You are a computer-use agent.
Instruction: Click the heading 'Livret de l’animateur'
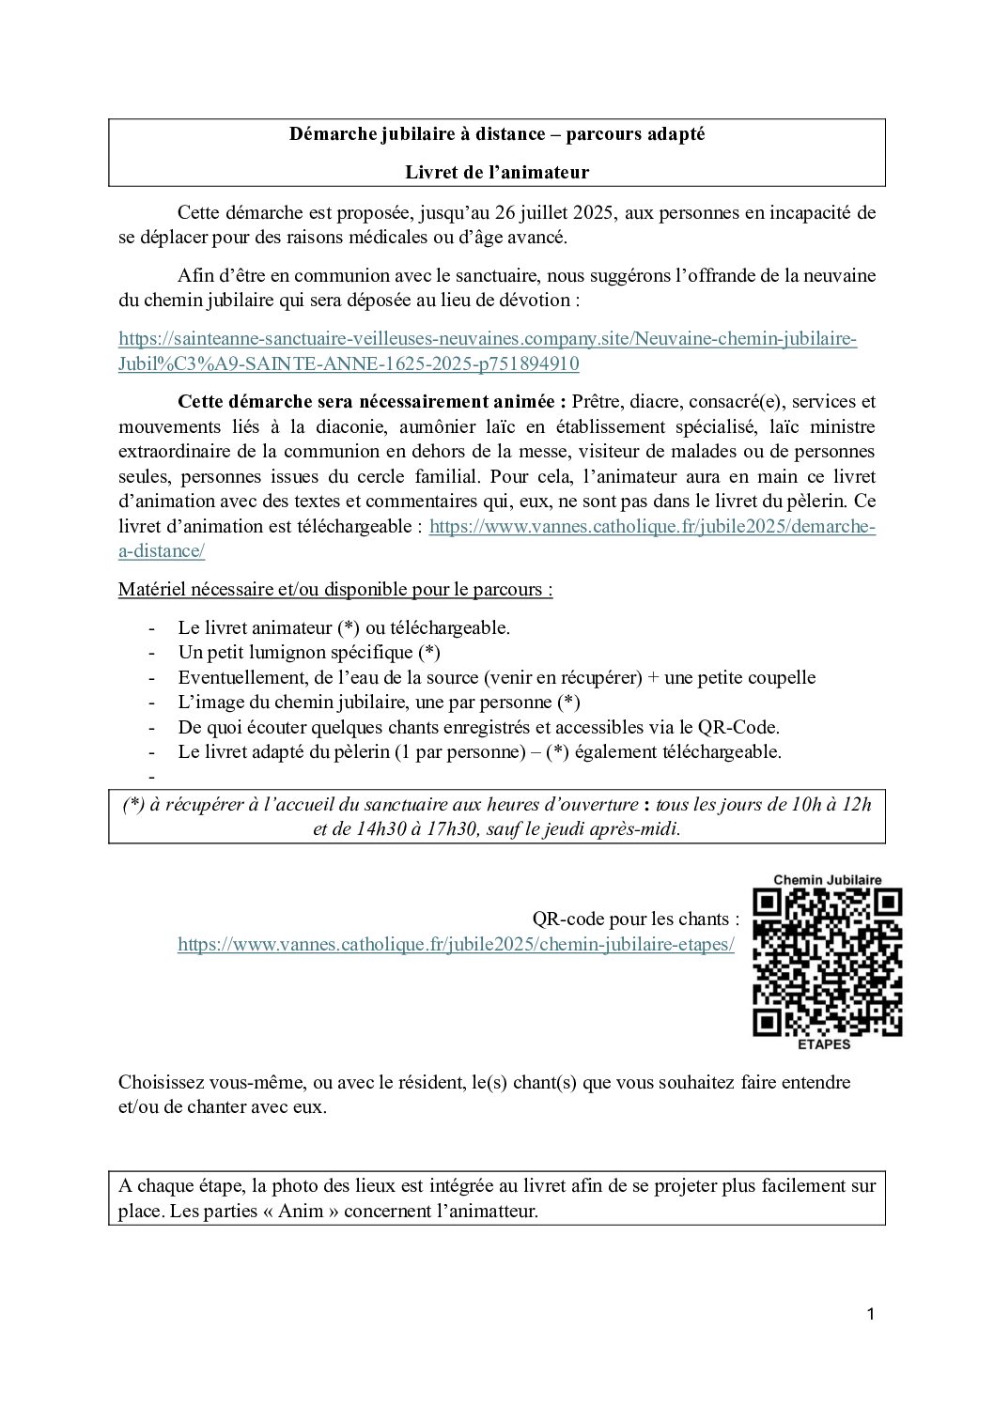pos(497,172)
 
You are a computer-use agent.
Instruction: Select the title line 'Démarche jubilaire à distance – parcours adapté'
pos(497,134)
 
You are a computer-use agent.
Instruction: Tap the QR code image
pos(828,962)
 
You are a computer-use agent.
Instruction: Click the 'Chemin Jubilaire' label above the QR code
pos(828,880)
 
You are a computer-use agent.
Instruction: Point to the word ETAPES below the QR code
pos(824,1044)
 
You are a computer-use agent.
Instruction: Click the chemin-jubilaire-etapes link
pos(456,944)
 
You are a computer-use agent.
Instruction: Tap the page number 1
pos(871,1315)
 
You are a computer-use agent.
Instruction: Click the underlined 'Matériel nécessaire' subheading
pos(334,590)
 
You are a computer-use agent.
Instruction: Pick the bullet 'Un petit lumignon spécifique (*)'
pos(309,653)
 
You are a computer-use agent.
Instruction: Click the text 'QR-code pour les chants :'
pos(636,919)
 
